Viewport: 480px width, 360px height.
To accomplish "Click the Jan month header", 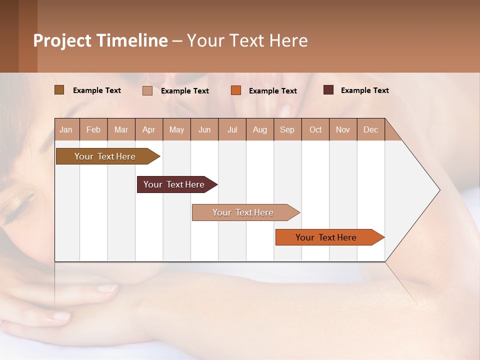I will (66, 129).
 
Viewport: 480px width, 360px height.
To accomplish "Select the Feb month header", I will (93, 129).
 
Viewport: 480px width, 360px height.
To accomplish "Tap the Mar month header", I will (121, 129).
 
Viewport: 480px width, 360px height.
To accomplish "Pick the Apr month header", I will (149, 129).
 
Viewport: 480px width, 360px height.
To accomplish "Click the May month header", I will (176, 129).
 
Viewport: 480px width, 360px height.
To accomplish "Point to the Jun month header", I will (204, 129).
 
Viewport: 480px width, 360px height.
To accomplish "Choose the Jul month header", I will (232, 129).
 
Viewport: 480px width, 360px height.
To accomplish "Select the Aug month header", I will (260, 129).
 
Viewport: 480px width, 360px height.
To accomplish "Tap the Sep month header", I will (287, 129).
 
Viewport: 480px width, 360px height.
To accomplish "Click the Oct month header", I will (315, 129).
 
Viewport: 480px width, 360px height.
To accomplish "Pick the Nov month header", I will (343, 129).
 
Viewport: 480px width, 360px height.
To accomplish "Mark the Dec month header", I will (371, 129).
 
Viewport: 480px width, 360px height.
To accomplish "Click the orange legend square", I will (236, 90).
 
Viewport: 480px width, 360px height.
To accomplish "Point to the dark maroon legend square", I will (328, 90).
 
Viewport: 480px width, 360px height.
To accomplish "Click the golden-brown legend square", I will (59, 90).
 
